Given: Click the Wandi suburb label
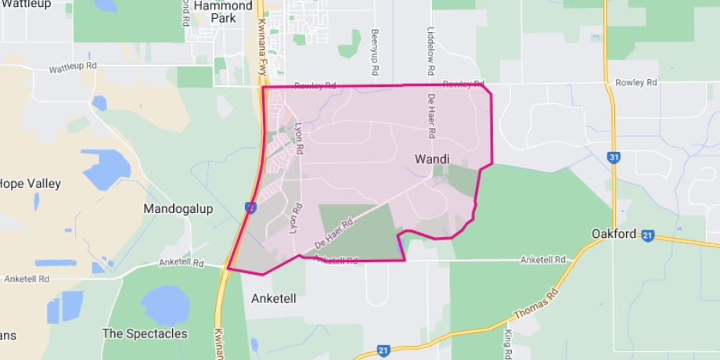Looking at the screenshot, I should (x=431, y=159).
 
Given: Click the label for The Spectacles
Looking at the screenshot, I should (x=145, y=333).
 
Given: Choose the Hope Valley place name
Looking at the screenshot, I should (x=31, y=183).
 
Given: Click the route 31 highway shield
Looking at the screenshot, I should (x=614, y=157).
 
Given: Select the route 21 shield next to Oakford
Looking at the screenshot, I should (x=647, y=235).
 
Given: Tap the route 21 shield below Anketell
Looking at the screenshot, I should (x=383, y=351).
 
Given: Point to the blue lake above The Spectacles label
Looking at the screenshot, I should (x=165, y=305).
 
